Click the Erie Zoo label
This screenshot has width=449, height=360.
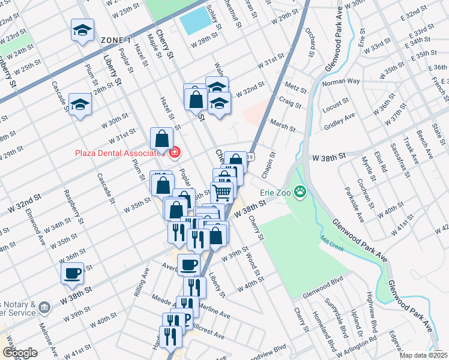tap(275, 193)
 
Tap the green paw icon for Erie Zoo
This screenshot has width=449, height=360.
tap(300, 192)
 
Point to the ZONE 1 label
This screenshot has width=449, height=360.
tap(116, 40)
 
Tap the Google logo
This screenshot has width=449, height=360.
tap(20, 353)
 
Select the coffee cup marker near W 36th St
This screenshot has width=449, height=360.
tap(73, 273)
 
